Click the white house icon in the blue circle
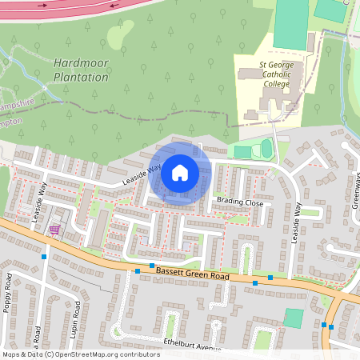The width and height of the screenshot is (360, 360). [x=180, y=172]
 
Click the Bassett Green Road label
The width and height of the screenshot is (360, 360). [x=192, y=274]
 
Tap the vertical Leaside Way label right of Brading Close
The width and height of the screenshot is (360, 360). [x=295, y=221]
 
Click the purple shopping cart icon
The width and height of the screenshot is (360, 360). [x=54, y=230]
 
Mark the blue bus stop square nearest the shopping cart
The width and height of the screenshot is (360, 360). [x=45, y=256]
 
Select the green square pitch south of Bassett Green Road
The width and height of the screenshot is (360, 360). [x=294, y=318]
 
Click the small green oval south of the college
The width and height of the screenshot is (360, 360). [x=266, y=148]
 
